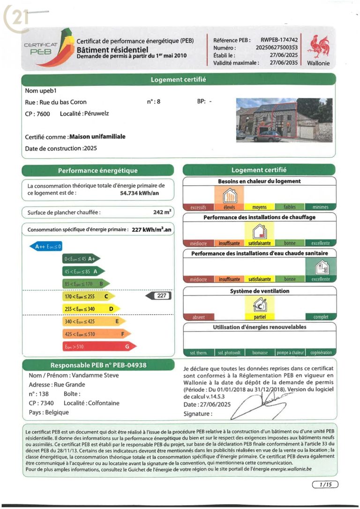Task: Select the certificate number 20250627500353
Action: pos(276,47)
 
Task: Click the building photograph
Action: pos(284,120)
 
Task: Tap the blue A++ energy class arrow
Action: pos(46,246)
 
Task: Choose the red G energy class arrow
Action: pos(98,347)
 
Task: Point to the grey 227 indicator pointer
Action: pos(159,296)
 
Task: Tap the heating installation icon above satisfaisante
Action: pos(259,230)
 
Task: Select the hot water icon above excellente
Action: pos(321,267)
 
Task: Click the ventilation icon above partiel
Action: pos(259,306)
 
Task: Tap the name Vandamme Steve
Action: pos(95,375)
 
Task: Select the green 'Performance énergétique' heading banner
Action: pos(97,171)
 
